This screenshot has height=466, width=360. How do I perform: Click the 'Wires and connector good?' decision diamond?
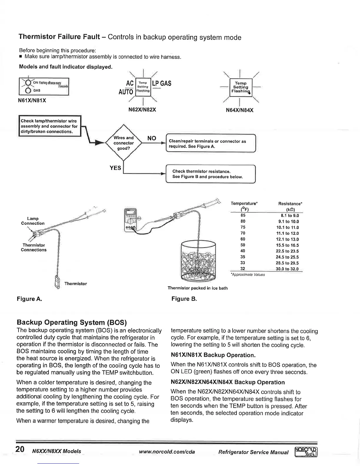(x=124, y=143)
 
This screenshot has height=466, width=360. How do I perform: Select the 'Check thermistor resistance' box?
(x=211, y=174)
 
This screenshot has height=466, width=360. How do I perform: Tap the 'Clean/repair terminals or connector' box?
(x=211, y=144)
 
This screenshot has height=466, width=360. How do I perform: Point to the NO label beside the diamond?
(x=151, y=138)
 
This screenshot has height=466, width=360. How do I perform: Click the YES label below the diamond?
(x=115, y=168)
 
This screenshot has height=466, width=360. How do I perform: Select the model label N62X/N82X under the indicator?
(x=142, y=110)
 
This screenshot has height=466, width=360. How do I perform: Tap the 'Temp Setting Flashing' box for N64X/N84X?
(x=241, y=87)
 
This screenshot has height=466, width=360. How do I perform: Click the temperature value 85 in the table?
(x=243, y=215)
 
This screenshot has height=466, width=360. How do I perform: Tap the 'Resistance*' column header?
(x=290, y=204)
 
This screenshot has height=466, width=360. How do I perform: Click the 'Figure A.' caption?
(x=29, y=299)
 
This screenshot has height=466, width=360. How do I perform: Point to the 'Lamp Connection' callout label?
(x=33, y=221)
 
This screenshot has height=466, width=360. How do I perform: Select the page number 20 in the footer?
(x=20, y=449)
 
